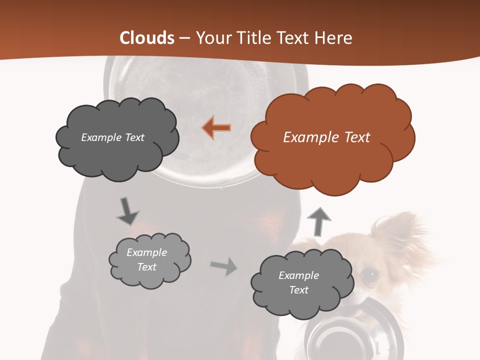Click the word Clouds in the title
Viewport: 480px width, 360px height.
coord(147,38)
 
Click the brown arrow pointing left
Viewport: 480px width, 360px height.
coord(216,127)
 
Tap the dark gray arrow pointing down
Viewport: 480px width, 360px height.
coord(127,211)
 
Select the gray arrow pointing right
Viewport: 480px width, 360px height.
coord(224,266)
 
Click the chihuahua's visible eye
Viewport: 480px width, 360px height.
coord(369,274)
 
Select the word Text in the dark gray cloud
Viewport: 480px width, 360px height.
coord(133,137)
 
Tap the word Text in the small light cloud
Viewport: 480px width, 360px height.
coord(146,267)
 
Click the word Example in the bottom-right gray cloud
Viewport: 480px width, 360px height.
coord(298,275)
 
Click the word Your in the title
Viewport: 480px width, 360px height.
coord(210,38)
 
